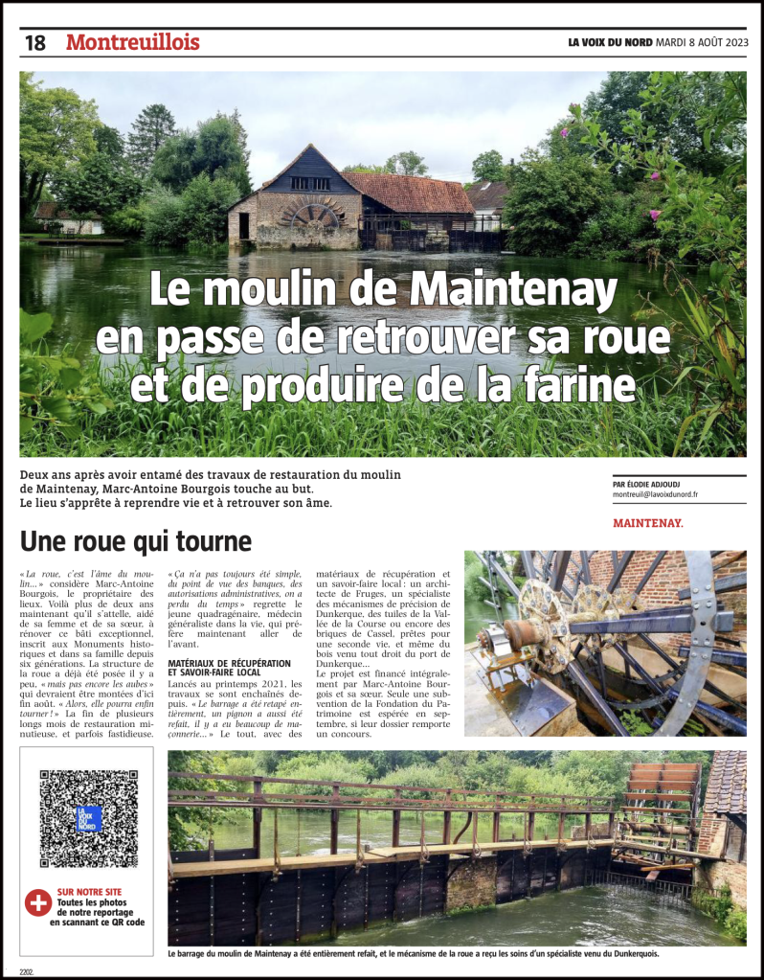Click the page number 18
click(34, 43)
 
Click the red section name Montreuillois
click(133, 43)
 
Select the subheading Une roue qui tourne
click(136, 541)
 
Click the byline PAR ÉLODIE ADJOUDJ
click(656, 486)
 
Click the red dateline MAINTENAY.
click(648, 524)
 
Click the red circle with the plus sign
click(37, 902)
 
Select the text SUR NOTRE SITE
click(87, 891)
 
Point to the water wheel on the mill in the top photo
click(315, 215)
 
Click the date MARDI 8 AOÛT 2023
click(701, 42)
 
